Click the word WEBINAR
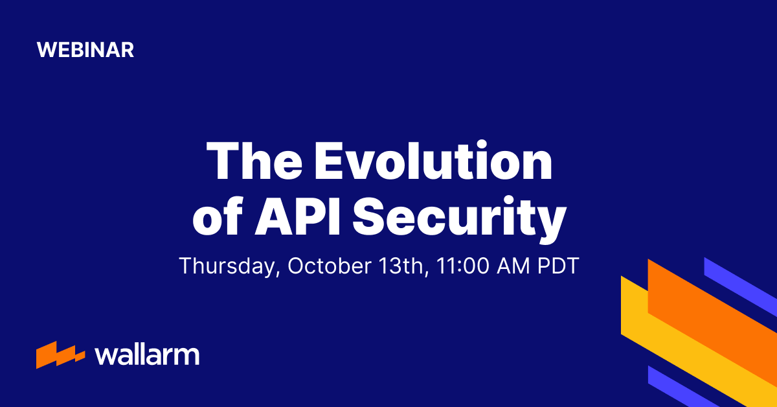click(85, 50)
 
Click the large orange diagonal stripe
click(712, 311)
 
